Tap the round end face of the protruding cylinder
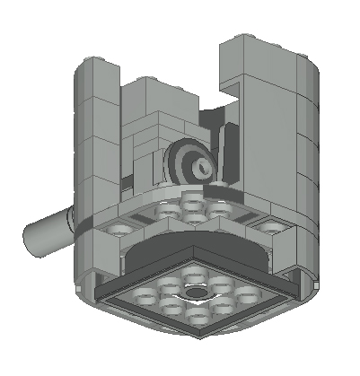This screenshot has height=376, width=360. pyautogui.click(x=29, y=236)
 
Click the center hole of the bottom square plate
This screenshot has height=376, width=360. pyautogui.click(x=193, y=293)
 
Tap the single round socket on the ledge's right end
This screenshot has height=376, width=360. pyautogui.click(x=267, y=227)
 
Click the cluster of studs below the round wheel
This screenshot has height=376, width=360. pyautogui.click(x=190, y=211)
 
